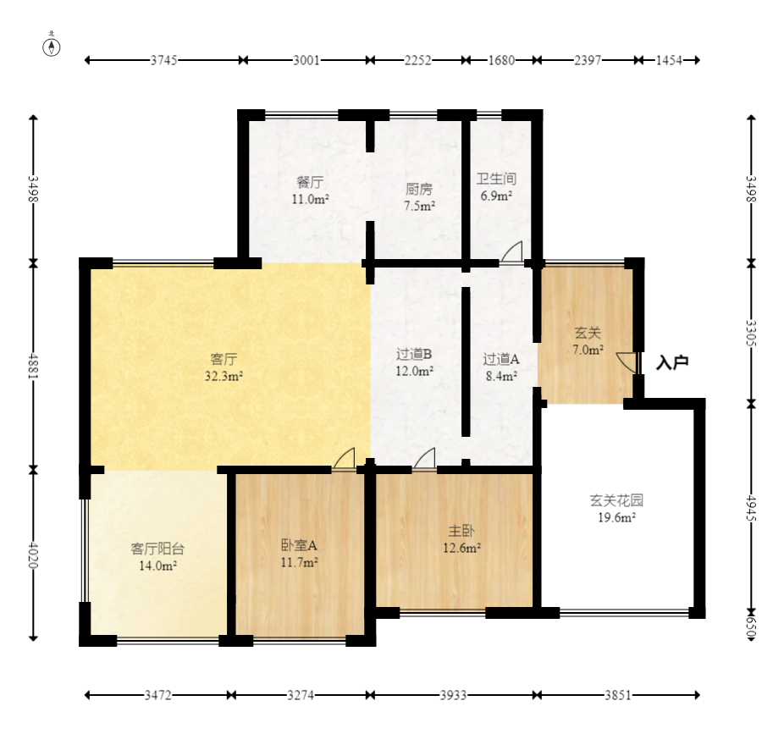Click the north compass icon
pos(52,47)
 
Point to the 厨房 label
pos(418,189)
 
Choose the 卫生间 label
pos(496,179)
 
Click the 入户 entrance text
pos(672,362)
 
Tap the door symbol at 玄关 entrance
pos(627,362)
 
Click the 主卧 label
pos(461,531)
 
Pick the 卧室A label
pos(299,545)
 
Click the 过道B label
pos(415,354)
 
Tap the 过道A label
pos(500,359)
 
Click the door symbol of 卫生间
pos(511,252)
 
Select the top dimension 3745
pos(163,60)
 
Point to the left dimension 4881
pos(33,367)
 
